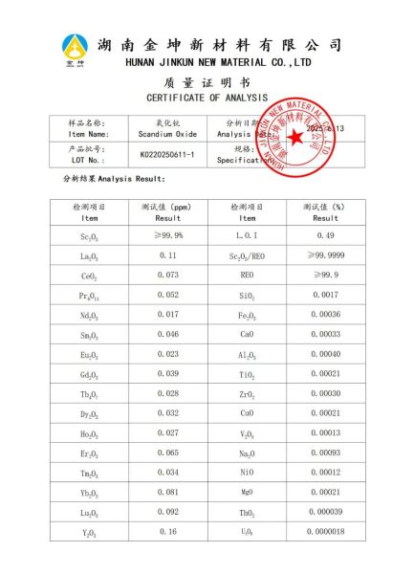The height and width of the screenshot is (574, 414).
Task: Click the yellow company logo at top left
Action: click(x=75, y=50)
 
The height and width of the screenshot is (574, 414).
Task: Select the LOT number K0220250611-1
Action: click(x=166, y=155)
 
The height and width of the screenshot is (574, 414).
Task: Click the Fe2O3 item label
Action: click(x=248, y=317)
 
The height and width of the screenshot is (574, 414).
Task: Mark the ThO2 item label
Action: click(x=248, y=513)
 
